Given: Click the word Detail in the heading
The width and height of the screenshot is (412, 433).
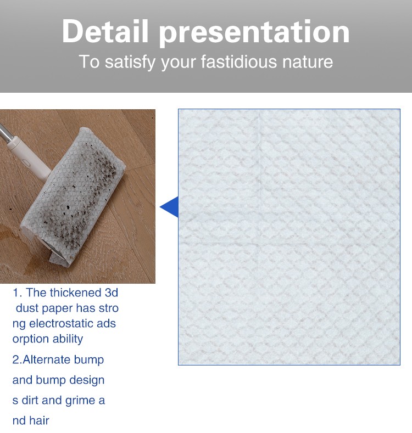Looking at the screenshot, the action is click(x=105, y=31).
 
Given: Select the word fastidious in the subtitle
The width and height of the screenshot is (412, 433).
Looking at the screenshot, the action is click(x=239, y=61).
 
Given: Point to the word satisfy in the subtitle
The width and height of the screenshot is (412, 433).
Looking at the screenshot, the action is click(x=130, y=62).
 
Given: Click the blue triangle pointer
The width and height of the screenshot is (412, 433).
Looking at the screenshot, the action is click(x=169, y=207).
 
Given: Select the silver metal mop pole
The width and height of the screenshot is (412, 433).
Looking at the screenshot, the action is click(x=6, y=133).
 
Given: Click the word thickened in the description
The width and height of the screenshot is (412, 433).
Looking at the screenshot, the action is click(x=75, y=293).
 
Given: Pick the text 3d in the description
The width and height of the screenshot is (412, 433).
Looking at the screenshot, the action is click(x=112, y=293).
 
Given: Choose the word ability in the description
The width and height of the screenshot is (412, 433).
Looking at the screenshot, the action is click(x=68, y=339).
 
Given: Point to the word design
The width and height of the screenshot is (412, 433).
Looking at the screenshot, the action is click(x=87, y=380).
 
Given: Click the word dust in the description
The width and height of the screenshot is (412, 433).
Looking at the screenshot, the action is click(x=27, y=308).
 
